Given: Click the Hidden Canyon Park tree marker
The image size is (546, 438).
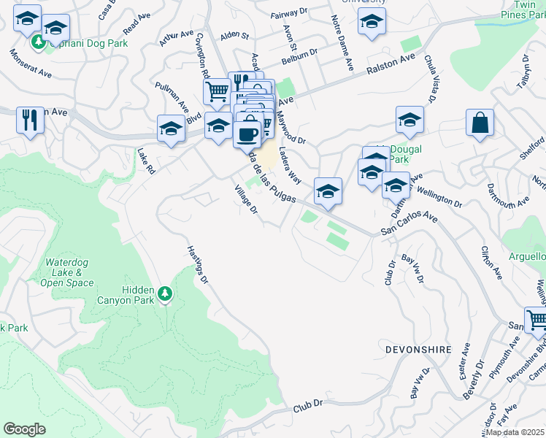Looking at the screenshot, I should [x=165, y=293].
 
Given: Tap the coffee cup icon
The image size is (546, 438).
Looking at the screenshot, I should [x=248, y=134].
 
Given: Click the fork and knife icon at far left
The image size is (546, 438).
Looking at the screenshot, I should [x=30, y=120].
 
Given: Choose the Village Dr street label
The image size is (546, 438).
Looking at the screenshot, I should [x=246, y=199].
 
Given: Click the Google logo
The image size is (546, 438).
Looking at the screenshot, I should [x=24, y=429].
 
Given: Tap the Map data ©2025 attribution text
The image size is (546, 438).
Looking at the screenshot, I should [x=515, y=432].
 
